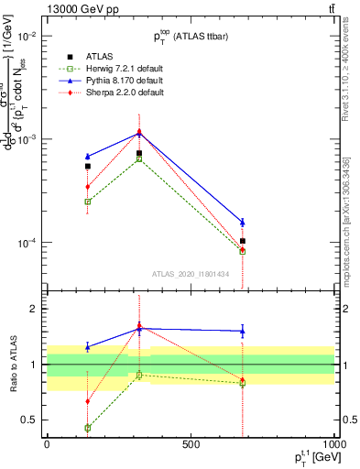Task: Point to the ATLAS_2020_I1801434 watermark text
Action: [x=191, y=274]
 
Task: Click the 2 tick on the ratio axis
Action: [x=37, y=310]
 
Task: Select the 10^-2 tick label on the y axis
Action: [x=27, y=36]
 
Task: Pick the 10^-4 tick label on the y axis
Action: [x=27, y=243]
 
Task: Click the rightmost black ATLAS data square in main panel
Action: [x=242, y=241]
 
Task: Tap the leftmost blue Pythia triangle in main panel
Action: [x=88, y=157]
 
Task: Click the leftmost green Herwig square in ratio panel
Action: [x=88, y=428]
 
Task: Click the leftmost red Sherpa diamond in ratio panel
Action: [x=88, y=401]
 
